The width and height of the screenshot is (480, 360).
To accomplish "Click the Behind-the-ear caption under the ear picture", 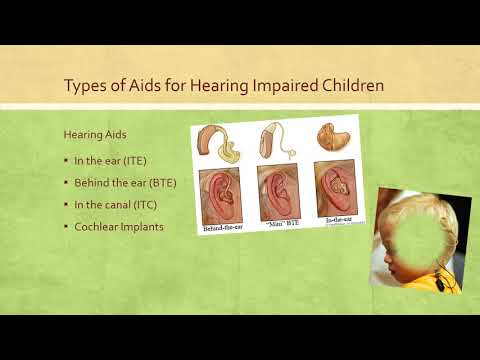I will pos(222,228).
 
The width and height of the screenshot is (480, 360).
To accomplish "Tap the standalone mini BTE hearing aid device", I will pos(276,141).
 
